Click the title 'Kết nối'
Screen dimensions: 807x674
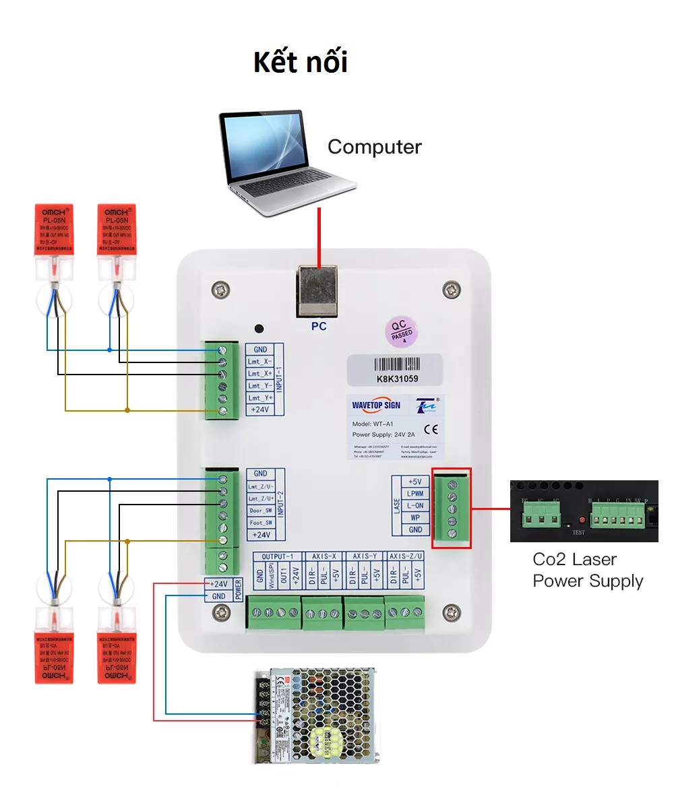tap(301, 62)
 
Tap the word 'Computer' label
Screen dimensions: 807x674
tap(374, 147)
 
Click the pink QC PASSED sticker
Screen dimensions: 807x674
tap(402, 331)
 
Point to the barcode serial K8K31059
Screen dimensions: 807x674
tap(394, 370)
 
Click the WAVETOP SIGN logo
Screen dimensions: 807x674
tap(376, 406)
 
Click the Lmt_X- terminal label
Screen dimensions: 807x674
tap(260, 362)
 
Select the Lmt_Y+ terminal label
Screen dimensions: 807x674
tap(260, 398)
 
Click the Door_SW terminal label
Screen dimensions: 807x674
tap(260, 511)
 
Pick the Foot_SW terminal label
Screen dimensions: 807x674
tap(260, 523)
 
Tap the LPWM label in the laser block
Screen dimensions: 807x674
tap(415, 494)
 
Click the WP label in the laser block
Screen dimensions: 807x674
tap(415, 518)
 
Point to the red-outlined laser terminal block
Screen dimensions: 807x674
tap(451, 509)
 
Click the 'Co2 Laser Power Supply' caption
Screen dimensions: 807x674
tap(587, 570)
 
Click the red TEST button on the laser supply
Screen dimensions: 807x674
tap(581, 522)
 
